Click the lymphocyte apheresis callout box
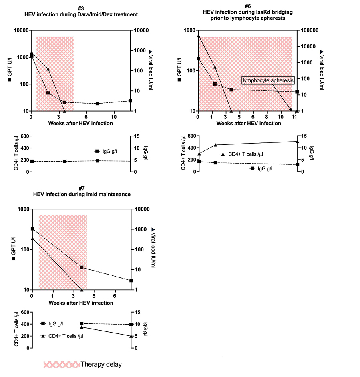click(268, 80)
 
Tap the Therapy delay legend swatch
click(61, 364)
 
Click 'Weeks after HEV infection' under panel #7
click(80, 303)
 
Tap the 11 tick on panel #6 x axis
click(294, 117)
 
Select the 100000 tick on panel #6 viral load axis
click(309, 30)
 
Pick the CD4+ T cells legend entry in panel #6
click(244, 154)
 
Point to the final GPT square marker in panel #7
click(131, 281)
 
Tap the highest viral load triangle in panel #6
click(198, 36)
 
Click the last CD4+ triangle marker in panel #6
click(297, 141)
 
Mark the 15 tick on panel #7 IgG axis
click(137, 312)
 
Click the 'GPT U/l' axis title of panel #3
click(11, 70)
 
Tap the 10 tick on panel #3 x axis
click(114, 117)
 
